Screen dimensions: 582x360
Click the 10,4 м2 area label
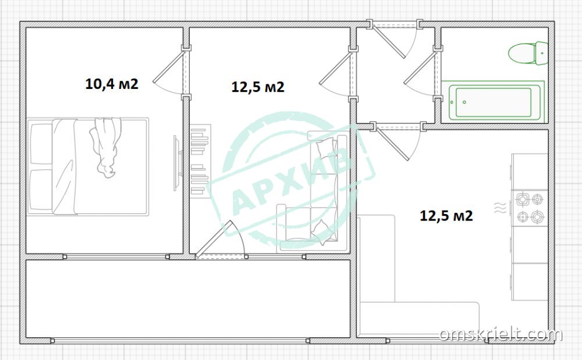tap(112, 84)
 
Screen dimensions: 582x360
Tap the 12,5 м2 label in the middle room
tap(258, 87)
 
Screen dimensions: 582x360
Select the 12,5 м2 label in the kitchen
tap(446, 215)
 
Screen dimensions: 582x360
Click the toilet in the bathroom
tap(528, 54)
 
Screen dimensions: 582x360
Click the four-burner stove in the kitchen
tap(530, 208)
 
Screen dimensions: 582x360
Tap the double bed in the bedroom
tap(88, 166)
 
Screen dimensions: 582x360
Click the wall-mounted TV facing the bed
tap(177, 163)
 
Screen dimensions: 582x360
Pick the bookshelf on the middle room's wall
tap(200, 161)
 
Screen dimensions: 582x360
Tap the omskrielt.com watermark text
tap(501, 335)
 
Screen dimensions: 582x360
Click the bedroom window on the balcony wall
tap(116, 256)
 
